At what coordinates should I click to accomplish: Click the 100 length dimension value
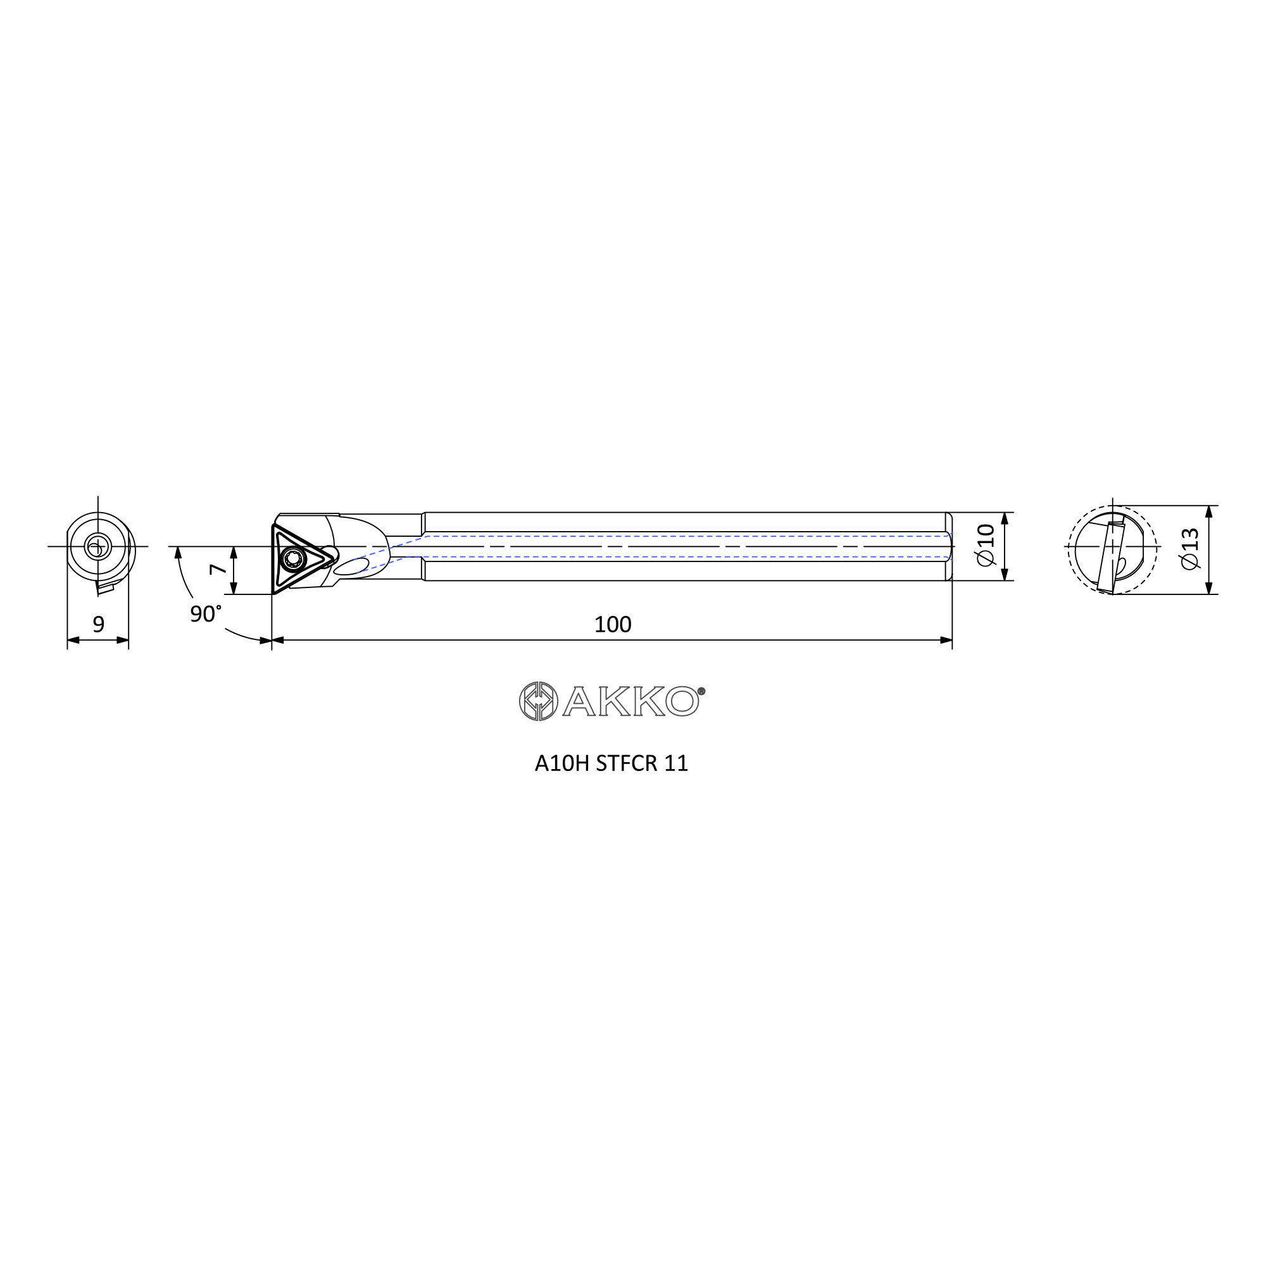click(613, 625)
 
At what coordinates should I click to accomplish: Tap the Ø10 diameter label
click(986, 545)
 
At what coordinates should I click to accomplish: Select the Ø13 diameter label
click(1189, 548)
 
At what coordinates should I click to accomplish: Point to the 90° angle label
click(206, 614)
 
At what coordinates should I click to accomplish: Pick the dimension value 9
click(98, 625)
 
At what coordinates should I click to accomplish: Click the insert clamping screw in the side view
click(292, 559)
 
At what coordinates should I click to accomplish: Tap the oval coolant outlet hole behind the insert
click(351, 567)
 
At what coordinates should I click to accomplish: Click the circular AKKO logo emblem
click(539, 701)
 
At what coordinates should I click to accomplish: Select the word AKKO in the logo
click(630, 702)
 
